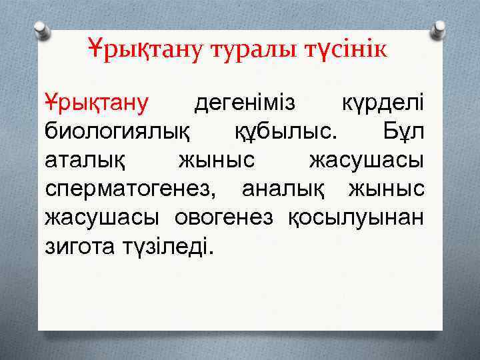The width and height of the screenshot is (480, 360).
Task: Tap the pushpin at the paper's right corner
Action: (x=438, y=29)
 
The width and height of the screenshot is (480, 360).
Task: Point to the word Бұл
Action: (x=403, y=132)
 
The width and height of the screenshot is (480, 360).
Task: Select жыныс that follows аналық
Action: (x=385, y=189)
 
